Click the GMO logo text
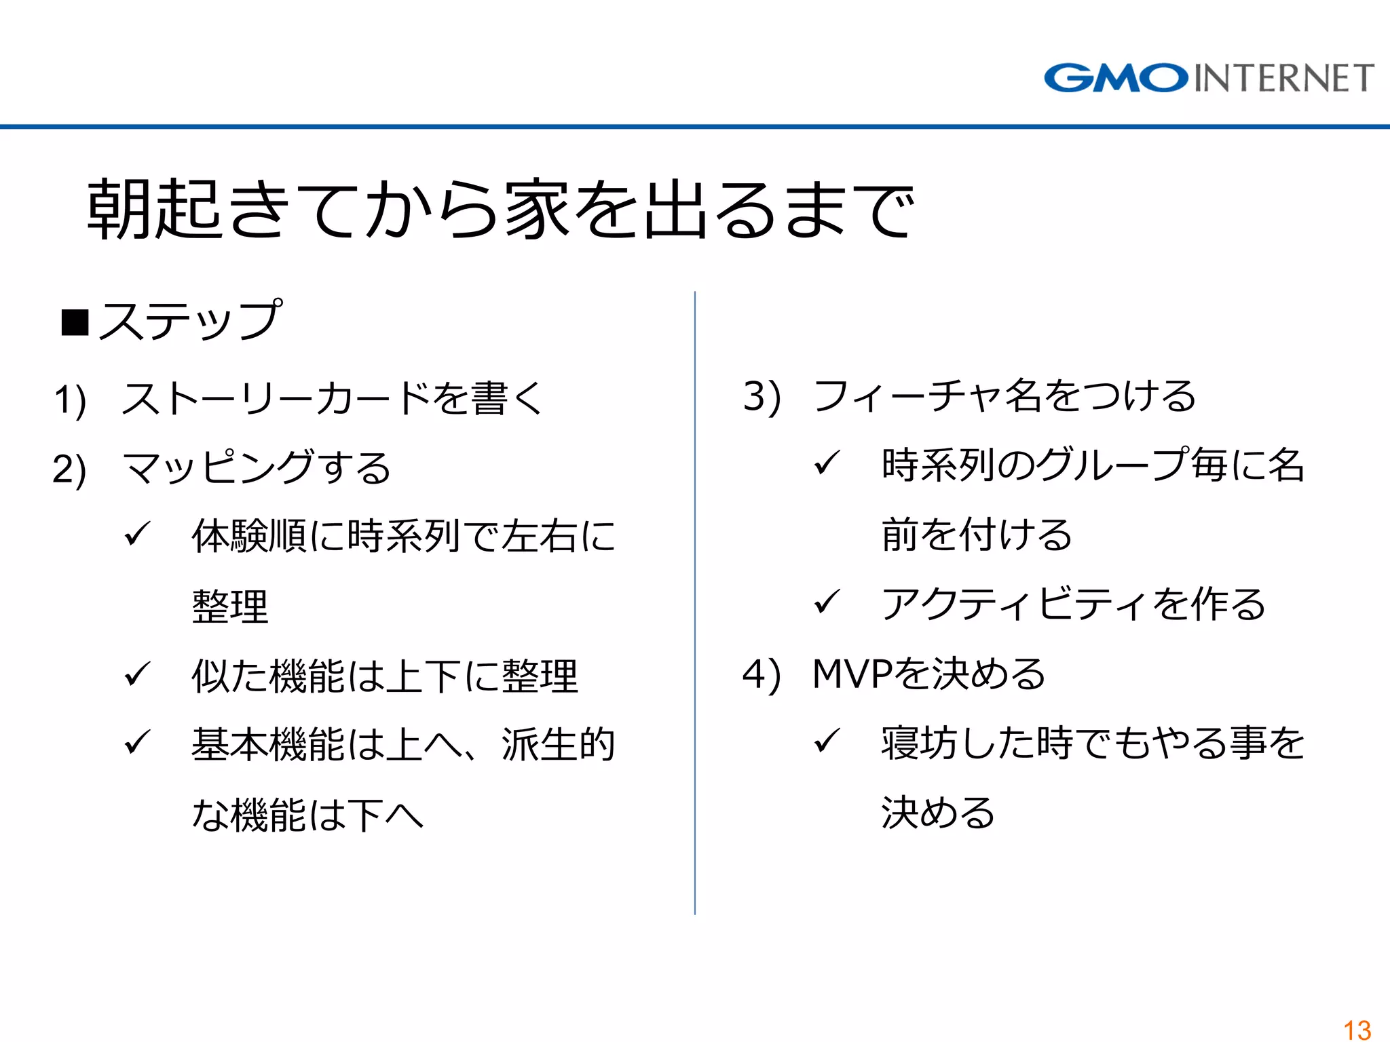point(1116,78)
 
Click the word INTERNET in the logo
point(1283,78)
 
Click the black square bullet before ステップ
point(75,322)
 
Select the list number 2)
point(69,469)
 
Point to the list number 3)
point(762,397)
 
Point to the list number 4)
point(762,675)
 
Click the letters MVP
point(852,674)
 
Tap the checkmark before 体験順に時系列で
point(136,535)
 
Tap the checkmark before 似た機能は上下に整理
point(136,674)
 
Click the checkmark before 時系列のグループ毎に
point(827,464)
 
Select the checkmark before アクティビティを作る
point(827,602)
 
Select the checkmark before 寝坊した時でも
point(827,741)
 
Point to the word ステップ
point(190,321)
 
